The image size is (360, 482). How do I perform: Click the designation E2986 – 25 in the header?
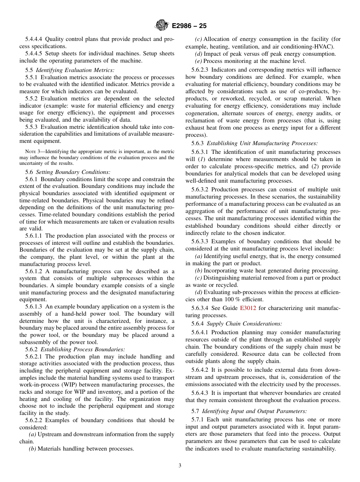click(189, 26)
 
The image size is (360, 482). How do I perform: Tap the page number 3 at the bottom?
click(180, 466)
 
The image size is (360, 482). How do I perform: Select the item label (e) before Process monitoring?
click(198, 61)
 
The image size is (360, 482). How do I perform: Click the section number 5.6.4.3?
click(200, 393)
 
